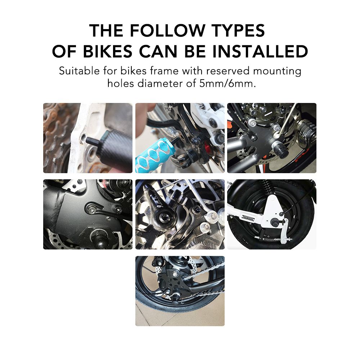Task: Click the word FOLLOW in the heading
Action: [168, 30]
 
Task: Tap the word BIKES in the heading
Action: [108, 51]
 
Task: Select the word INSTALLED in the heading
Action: [260, 51]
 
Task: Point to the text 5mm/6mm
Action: [227, 84]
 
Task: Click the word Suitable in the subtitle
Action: [79, 71]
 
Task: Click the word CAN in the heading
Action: [158, 51]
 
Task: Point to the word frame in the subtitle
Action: [164, 71]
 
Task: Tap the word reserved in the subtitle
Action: [228, 71]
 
